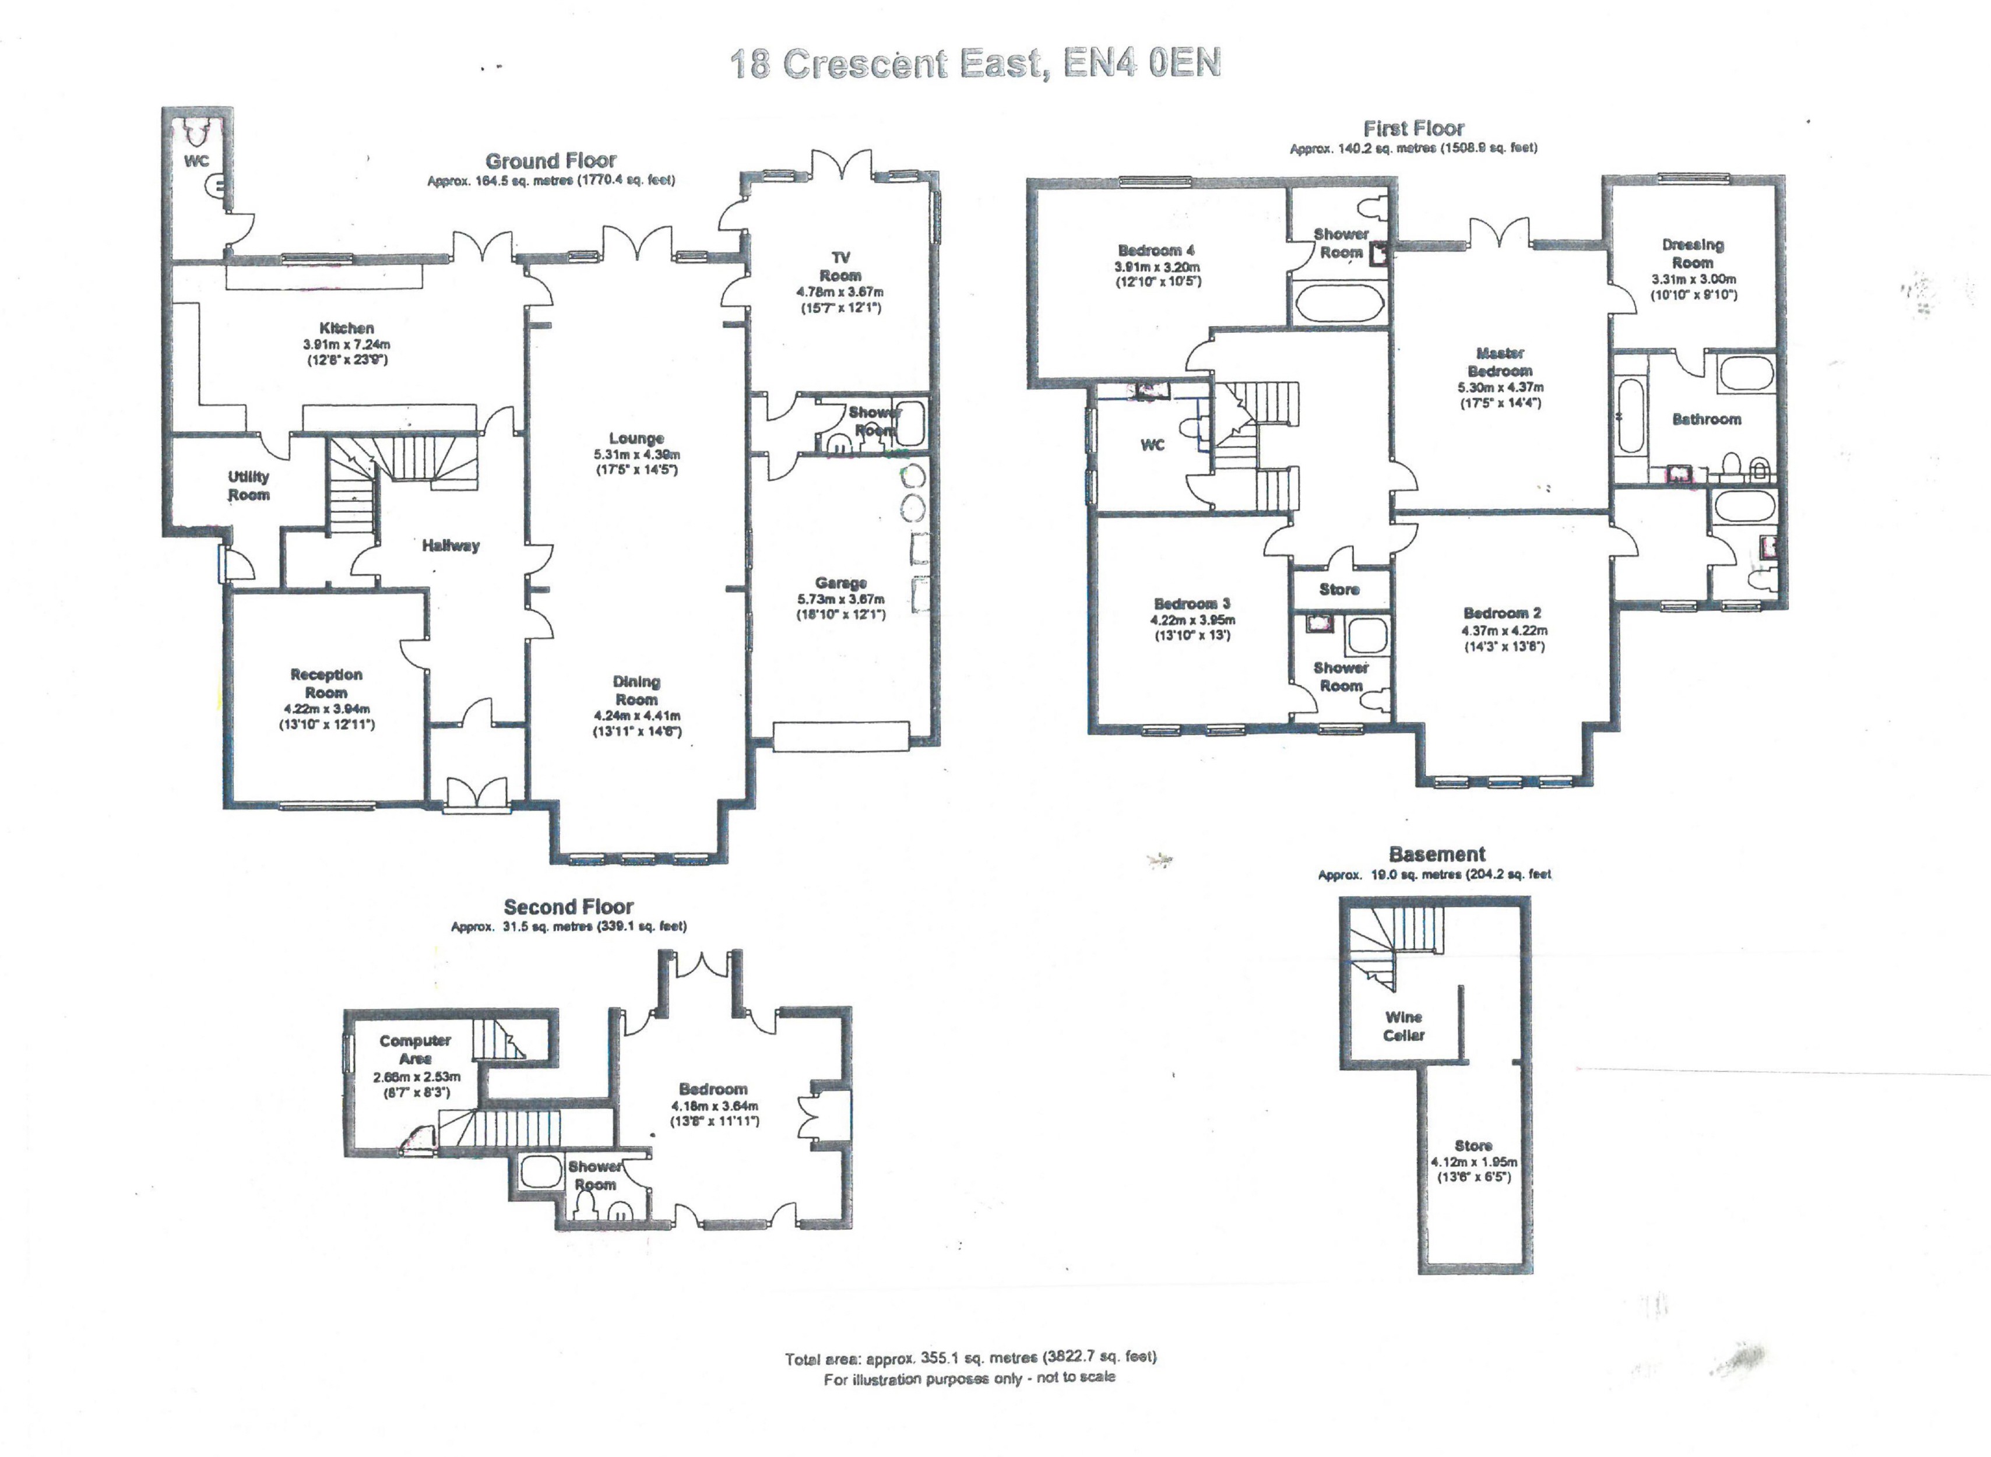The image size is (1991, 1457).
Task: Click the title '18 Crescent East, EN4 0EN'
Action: pyautogui.click(x=975, y=64)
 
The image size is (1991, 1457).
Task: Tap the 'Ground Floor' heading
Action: pyautogui.click(x=550, y=161)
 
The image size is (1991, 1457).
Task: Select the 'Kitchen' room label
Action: pyautogui.click(x=347, y=328)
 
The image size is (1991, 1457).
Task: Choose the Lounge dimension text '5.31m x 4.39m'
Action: pyautogui.click(x=636, y=455)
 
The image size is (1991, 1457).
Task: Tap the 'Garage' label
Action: pyautogui.click(x=840, y=583)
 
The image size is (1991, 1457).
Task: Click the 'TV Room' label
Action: pyautogui.click(x=840, y=266)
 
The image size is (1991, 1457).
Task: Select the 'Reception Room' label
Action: pyautogui.click(x=326, y=684)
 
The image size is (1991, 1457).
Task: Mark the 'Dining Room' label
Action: pyautogui.click(x=636, y=691)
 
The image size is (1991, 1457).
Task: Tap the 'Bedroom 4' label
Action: pyautogui.click(x=1156, y=251)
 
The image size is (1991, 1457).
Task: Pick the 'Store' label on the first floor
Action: pyautogui.click(x=1339, y=589)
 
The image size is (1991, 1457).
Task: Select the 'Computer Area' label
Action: pyautogui.click(x=414, y=1050)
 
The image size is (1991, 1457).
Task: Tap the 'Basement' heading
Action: pyautogui.click(x=1437, y=854)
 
